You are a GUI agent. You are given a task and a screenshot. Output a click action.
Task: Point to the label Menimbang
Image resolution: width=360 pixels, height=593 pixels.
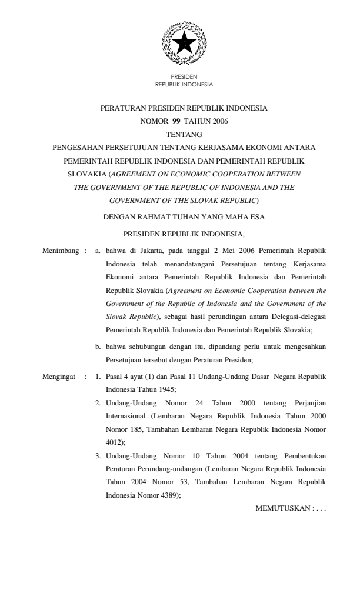[x=61, y=251]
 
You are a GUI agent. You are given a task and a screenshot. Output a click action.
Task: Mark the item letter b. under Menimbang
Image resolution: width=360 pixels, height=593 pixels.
[x=98, y=346]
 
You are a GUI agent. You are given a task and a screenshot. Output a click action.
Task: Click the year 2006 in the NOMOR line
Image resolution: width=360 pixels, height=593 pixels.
[x=220, y=122]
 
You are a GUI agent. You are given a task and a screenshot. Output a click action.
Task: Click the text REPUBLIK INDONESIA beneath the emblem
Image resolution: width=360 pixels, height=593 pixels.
[x=184, y=84]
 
